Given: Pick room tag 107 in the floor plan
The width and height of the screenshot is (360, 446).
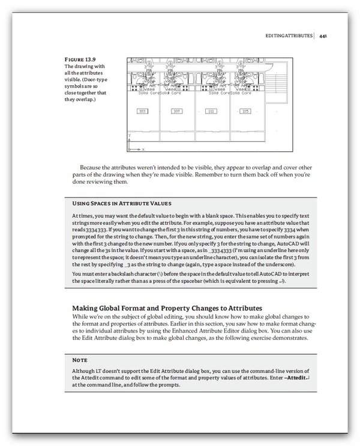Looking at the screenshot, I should (x=176, y=111).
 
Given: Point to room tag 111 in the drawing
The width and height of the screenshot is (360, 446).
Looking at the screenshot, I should (x=211, y=111).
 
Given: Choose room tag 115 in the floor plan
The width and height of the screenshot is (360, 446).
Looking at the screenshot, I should (x=245, y=111).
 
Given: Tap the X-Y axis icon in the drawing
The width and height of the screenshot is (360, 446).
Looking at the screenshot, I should (x=133, y=143).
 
